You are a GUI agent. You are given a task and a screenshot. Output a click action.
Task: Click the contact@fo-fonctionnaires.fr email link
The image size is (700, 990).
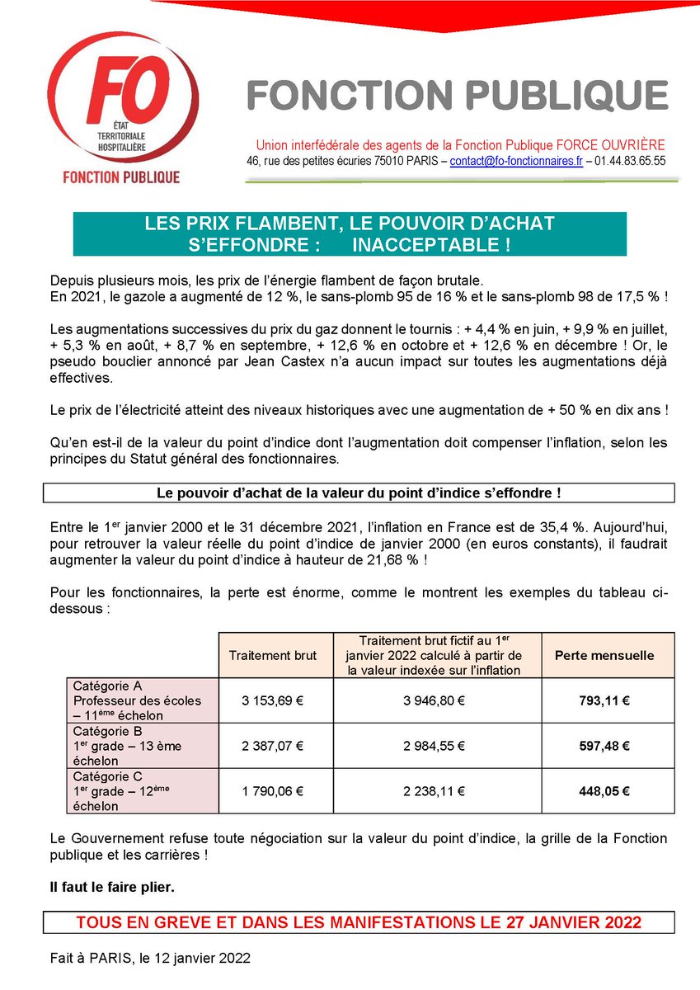pos(516,162)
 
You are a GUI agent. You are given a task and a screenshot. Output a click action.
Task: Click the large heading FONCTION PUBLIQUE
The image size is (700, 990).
pos(458,96)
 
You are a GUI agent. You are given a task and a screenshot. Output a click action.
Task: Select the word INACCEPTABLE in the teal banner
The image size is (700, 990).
pos(430,245)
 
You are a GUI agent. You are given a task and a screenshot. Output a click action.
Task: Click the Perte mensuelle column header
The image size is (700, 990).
pos(604,656)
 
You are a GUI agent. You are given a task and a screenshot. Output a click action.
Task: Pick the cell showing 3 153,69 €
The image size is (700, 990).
pos(273,701)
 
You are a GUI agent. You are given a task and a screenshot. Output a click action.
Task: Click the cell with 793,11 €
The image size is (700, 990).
pos(604,701)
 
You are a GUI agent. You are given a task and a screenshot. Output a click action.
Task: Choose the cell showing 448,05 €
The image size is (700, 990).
pos(604,791)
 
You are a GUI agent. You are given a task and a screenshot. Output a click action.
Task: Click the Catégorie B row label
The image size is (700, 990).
pos(108,731)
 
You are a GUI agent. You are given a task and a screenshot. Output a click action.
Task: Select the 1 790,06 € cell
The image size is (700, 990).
pos(273,791)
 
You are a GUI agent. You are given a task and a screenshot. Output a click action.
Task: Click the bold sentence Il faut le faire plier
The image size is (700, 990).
pos(112,888)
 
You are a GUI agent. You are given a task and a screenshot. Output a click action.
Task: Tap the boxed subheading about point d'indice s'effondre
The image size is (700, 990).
pos(359,493)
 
